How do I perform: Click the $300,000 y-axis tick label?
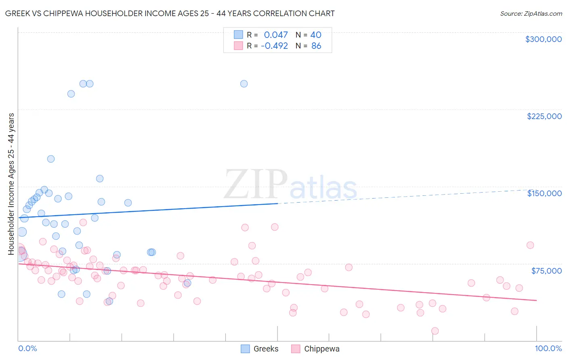coord(543,39)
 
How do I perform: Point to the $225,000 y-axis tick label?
coord(544,116)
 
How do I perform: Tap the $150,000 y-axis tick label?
coord(544,193)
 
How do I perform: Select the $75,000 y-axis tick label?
coord(546,271)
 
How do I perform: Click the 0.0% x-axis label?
coord(27,348)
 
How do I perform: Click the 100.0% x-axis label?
coord(548,348)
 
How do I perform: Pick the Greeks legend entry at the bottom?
coord(260,349)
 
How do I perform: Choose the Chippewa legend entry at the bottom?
coord(315,349)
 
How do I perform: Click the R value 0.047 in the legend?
coord(276,35)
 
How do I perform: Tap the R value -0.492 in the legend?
coord(274,46)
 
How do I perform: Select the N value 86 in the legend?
coord(316,46)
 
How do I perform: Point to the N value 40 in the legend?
coord(316,35)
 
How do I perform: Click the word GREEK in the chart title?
coord(17,14)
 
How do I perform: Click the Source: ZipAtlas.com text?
coord(531,14)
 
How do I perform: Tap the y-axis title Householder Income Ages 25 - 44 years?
coord(11,184)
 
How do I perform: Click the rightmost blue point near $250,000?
coord(244,84)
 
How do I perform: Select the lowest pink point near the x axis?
coord(435,331)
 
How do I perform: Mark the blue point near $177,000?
coord(51,159)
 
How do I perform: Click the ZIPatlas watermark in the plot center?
coord(290,185)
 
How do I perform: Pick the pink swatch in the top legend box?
coord(238,46)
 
